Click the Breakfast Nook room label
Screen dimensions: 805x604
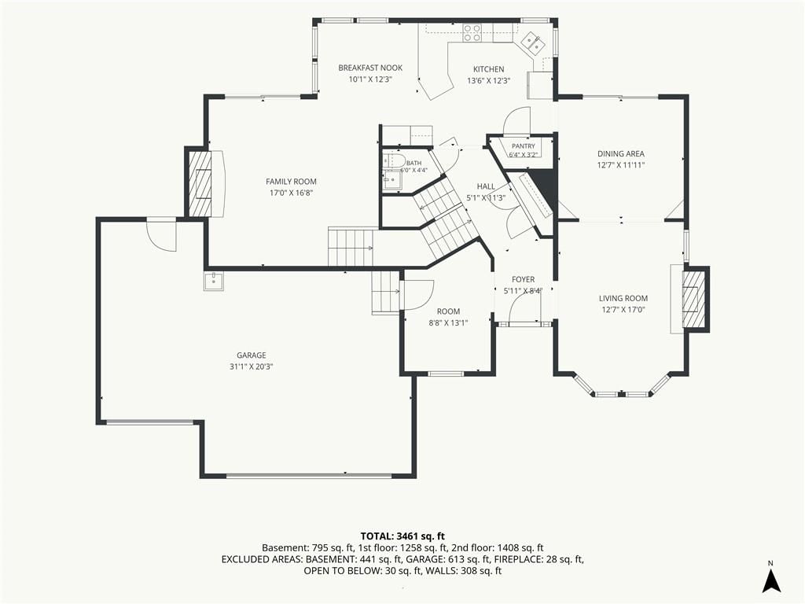pyautogui.click(x=370, y=68)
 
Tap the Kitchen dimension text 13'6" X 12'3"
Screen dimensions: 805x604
pyautogui.click(x=488, y=81)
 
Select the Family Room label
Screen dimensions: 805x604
pyautogui.click(x=291, y=182)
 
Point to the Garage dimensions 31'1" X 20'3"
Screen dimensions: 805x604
pyautogui.click(x=251, y=366)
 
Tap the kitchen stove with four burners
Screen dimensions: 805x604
pyautogui.click(x=472, y=33)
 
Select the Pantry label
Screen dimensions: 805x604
pyautogui.click(x=523, y=146)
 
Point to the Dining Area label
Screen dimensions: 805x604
pyautogui.click(x=621, y=153)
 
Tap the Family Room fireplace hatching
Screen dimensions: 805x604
pyautogui.click(x=200, y=183)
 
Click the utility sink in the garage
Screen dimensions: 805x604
pyautogui.click(x=214, y=281)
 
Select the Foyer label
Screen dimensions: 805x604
pyautogui.click(x=523, y=279)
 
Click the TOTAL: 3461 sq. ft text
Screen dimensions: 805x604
pyautogui.click(x=402, y=536)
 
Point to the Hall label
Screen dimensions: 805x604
pyautogui.click(x=486, y=186)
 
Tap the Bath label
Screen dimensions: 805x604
pyautogui.click(x=414, y=164)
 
